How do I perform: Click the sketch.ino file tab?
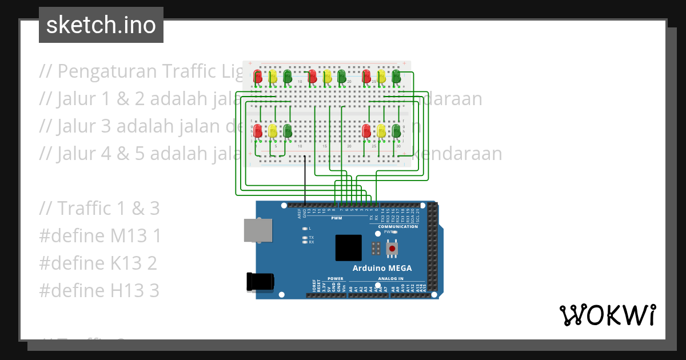click(x=101, y=25)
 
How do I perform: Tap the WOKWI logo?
click(x=607, y=315)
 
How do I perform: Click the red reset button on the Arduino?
click(x=392, y=249)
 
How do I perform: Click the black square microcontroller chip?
click(x=348, y=249)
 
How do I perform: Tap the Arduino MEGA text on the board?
click(x=381, y=269)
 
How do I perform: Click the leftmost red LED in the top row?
click(x=258, y=76)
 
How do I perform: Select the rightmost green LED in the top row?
click(x=396, y=76)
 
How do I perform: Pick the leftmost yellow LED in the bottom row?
click(x=273, y=131)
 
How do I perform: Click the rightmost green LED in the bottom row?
click(x=396, y=131)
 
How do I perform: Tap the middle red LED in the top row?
click(x=312, y=76)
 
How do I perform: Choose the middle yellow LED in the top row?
click(x=327, y=76)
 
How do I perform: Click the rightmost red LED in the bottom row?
click(x=366, y=131)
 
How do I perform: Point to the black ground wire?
click(x=305, y=180)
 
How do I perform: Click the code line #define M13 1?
click(x=100, y=236)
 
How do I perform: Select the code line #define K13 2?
click(x=98, y=263)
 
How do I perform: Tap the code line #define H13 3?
click(x=99, y=291)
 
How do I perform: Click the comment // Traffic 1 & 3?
click(x=99, y=209)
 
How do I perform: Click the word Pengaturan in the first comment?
click(x=106, y=71)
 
